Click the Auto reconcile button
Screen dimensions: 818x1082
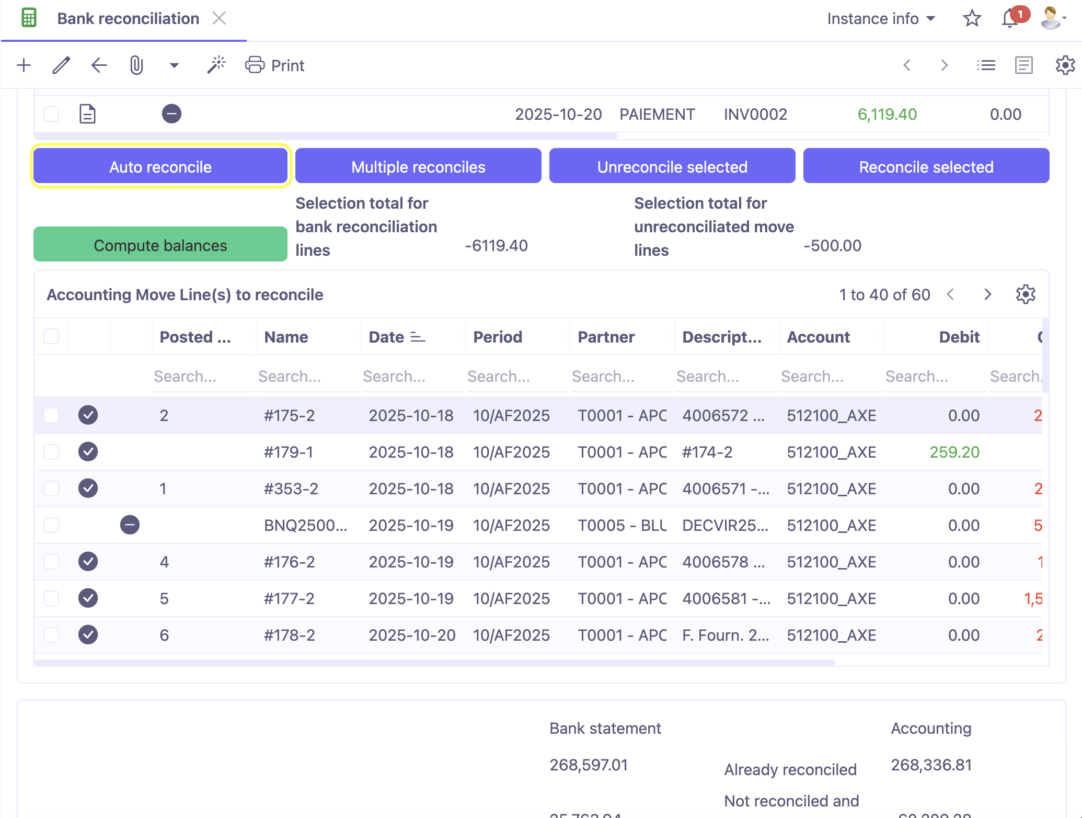160,166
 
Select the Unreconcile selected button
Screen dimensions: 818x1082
672,166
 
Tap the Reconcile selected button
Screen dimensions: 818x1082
926,166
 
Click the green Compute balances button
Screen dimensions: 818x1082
160,245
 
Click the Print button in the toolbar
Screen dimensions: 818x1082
275,65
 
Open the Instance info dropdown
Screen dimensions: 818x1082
881,19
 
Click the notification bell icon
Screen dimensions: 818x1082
1010,19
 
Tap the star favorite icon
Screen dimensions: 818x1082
972,19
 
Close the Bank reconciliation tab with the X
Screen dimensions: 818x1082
220,19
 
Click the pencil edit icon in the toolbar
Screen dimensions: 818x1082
61,65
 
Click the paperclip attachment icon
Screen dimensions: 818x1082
136,65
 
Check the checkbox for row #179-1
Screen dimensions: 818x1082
51,452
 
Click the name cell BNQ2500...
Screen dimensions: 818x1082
306,525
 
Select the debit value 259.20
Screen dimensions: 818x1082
954,452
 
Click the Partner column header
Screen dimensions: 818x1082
606,337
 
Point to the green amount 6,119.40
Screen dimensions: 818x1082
887,114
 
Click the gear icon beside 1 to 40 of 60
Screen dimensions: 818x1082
1026,294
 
